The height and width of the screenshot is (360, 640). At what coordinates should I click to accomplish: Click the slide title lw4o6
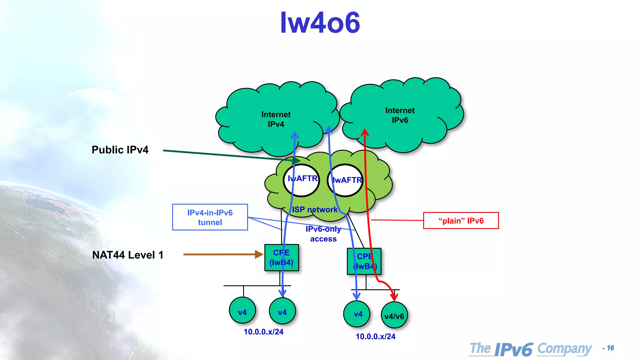click(320, 22)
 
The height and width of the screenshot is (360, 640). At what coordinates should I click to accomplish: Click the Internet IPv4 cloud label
click(276, 119)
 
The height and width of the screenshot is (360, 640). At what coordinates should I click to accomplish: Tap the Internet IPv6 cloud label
click(400, 115)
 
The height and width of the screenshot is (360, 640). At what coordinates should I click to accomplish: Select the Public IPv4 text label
click(120, 150)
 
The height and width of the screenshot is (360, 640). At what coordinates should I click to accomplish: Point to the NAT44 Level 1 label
click(127, 255)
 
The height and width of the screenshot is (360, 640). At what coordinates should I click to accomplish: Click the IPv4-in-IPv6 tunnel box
click(210, 217)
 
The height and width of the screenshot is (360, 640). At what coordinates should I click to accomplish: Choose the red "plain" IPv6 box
click(461, 221)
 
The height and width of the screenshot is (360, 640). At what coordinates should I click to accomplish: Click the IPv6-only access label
click(323, 234)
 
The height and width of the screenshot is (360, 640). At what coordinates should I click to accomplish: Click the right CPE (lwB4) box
click(364, 261)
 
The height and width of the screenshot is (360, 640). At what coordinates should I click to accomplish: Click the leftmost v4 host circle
click(242, 311)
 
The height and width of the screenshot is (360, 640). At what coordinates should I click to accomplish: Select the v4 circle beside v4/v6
click(357, 314)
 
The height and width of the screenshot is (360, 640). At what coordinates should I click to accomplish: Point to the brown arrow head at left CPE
click(259, 254)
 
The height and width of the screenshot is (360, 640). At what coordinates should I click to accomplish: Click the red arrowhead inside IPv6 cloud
click(365, 132)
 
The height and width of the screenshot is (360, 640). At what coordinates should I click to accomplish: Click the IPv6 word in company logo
click(514, 349)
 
